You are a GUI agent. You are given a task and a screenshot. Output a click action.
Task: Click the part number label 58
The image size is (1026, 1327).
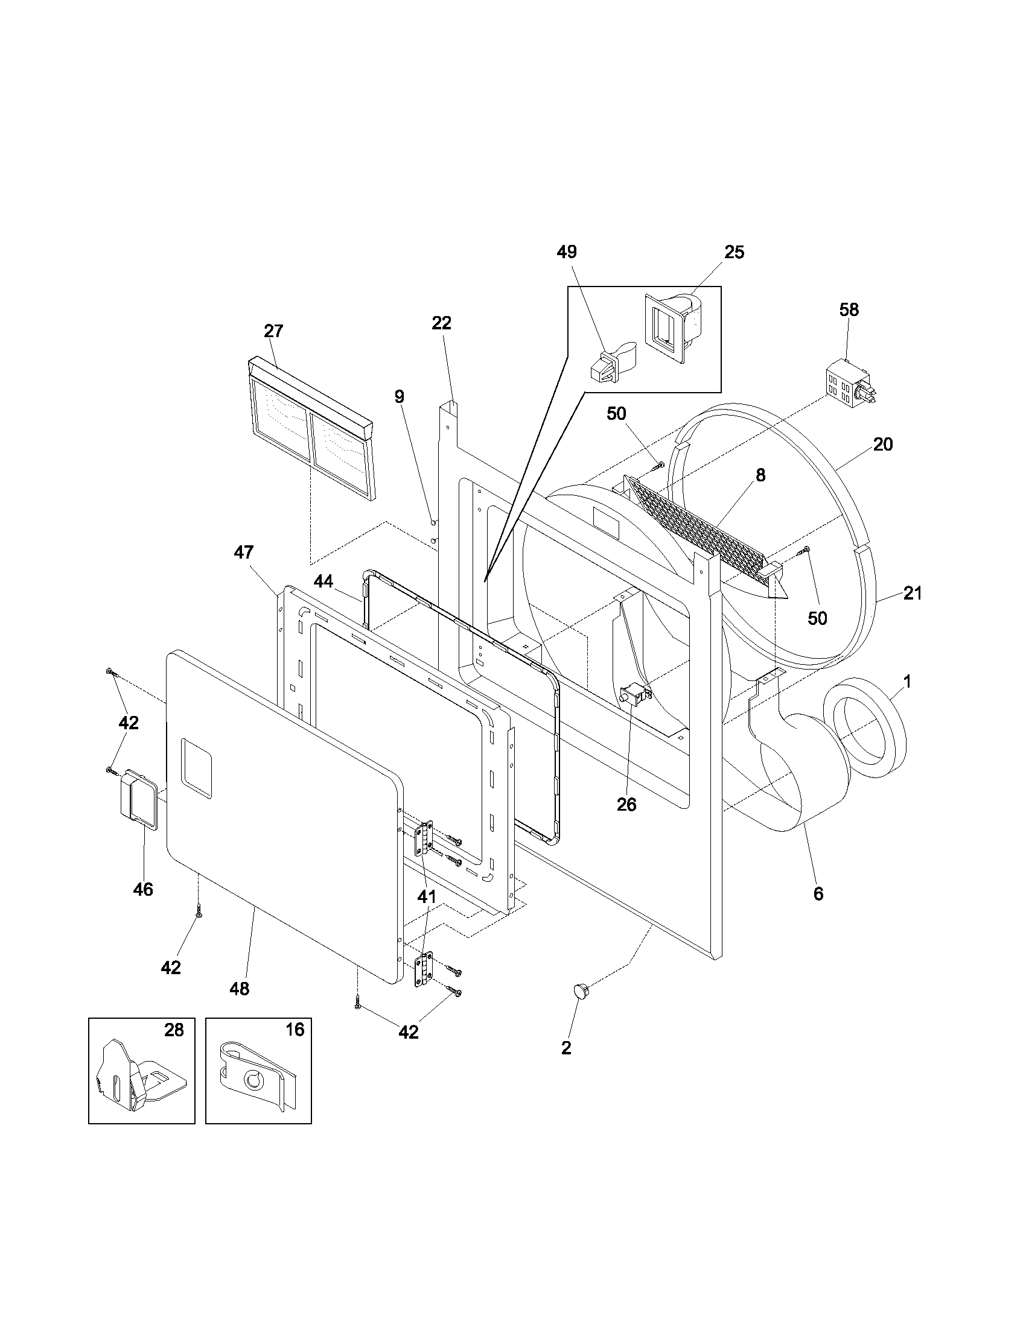[x=849, y=310]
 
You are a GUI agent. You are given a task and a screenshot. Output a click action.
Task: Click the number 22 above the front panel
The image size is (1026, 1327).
[x=441, y=323]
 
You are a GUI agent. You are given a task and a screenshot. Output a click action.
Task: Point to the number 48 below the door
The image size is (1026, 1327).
[x=240, y=989]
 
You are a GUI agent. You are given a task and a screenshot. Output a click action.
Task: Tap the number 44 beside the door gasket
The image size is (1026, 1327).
[x=323, y=581]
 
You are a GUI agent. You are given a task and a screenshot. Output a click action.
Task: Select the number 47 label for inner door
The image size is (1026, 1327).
[x=244, y=553]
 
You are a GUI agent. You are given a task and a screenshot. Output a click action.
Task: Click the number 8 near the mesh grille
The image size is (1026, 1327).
[x=760, y=475]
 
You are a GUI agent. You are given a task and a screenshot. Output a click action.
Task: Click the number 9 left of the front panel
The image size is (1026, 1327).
[x=399, y=397]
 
